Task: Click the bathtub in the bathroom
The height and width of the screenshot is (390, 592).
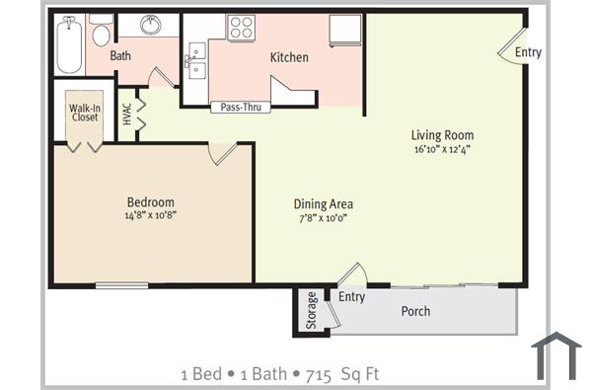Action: [x=69, y=44]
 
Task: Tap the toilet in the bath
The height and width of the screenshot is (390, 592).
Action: [x=101, y=35]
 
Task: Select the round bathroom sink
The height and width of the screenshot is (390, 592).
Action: [x=152, y=26]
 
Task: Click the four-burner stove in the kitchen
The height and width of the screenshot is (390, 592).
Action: [x=241, y=28]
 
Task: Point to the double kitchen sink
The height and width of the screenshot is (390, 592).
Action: [x=194, y=63]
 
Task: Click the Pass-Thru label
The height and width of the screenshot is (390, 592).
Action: [x=241, y=107]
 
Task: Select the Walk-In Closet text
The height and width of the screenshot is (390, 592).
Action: [x=84, y=113]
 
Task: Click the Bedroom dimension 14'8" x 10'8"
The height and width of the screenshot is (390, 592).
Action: [x=150, y=214]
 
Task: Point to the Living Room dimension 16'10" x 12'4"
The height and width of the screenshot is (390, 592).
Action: [x=442, y=150]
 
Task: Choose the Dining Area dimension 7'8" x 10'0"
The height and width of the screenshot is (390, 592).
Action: [x=323, y=217]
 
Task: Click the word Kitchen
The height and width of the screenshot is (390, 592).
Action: [x=289, y=57]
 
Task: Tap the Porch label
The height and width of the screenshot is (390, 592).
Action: [x=415, y=311]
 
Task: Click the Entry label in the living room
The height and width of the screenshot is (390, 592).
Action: [x=528, y=52]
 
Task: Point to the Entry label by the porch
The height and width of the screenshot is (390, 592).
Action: [x=352, y=296]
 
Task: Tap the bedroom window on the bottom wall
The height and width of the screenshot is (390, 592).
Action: [x=121, y=286]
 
